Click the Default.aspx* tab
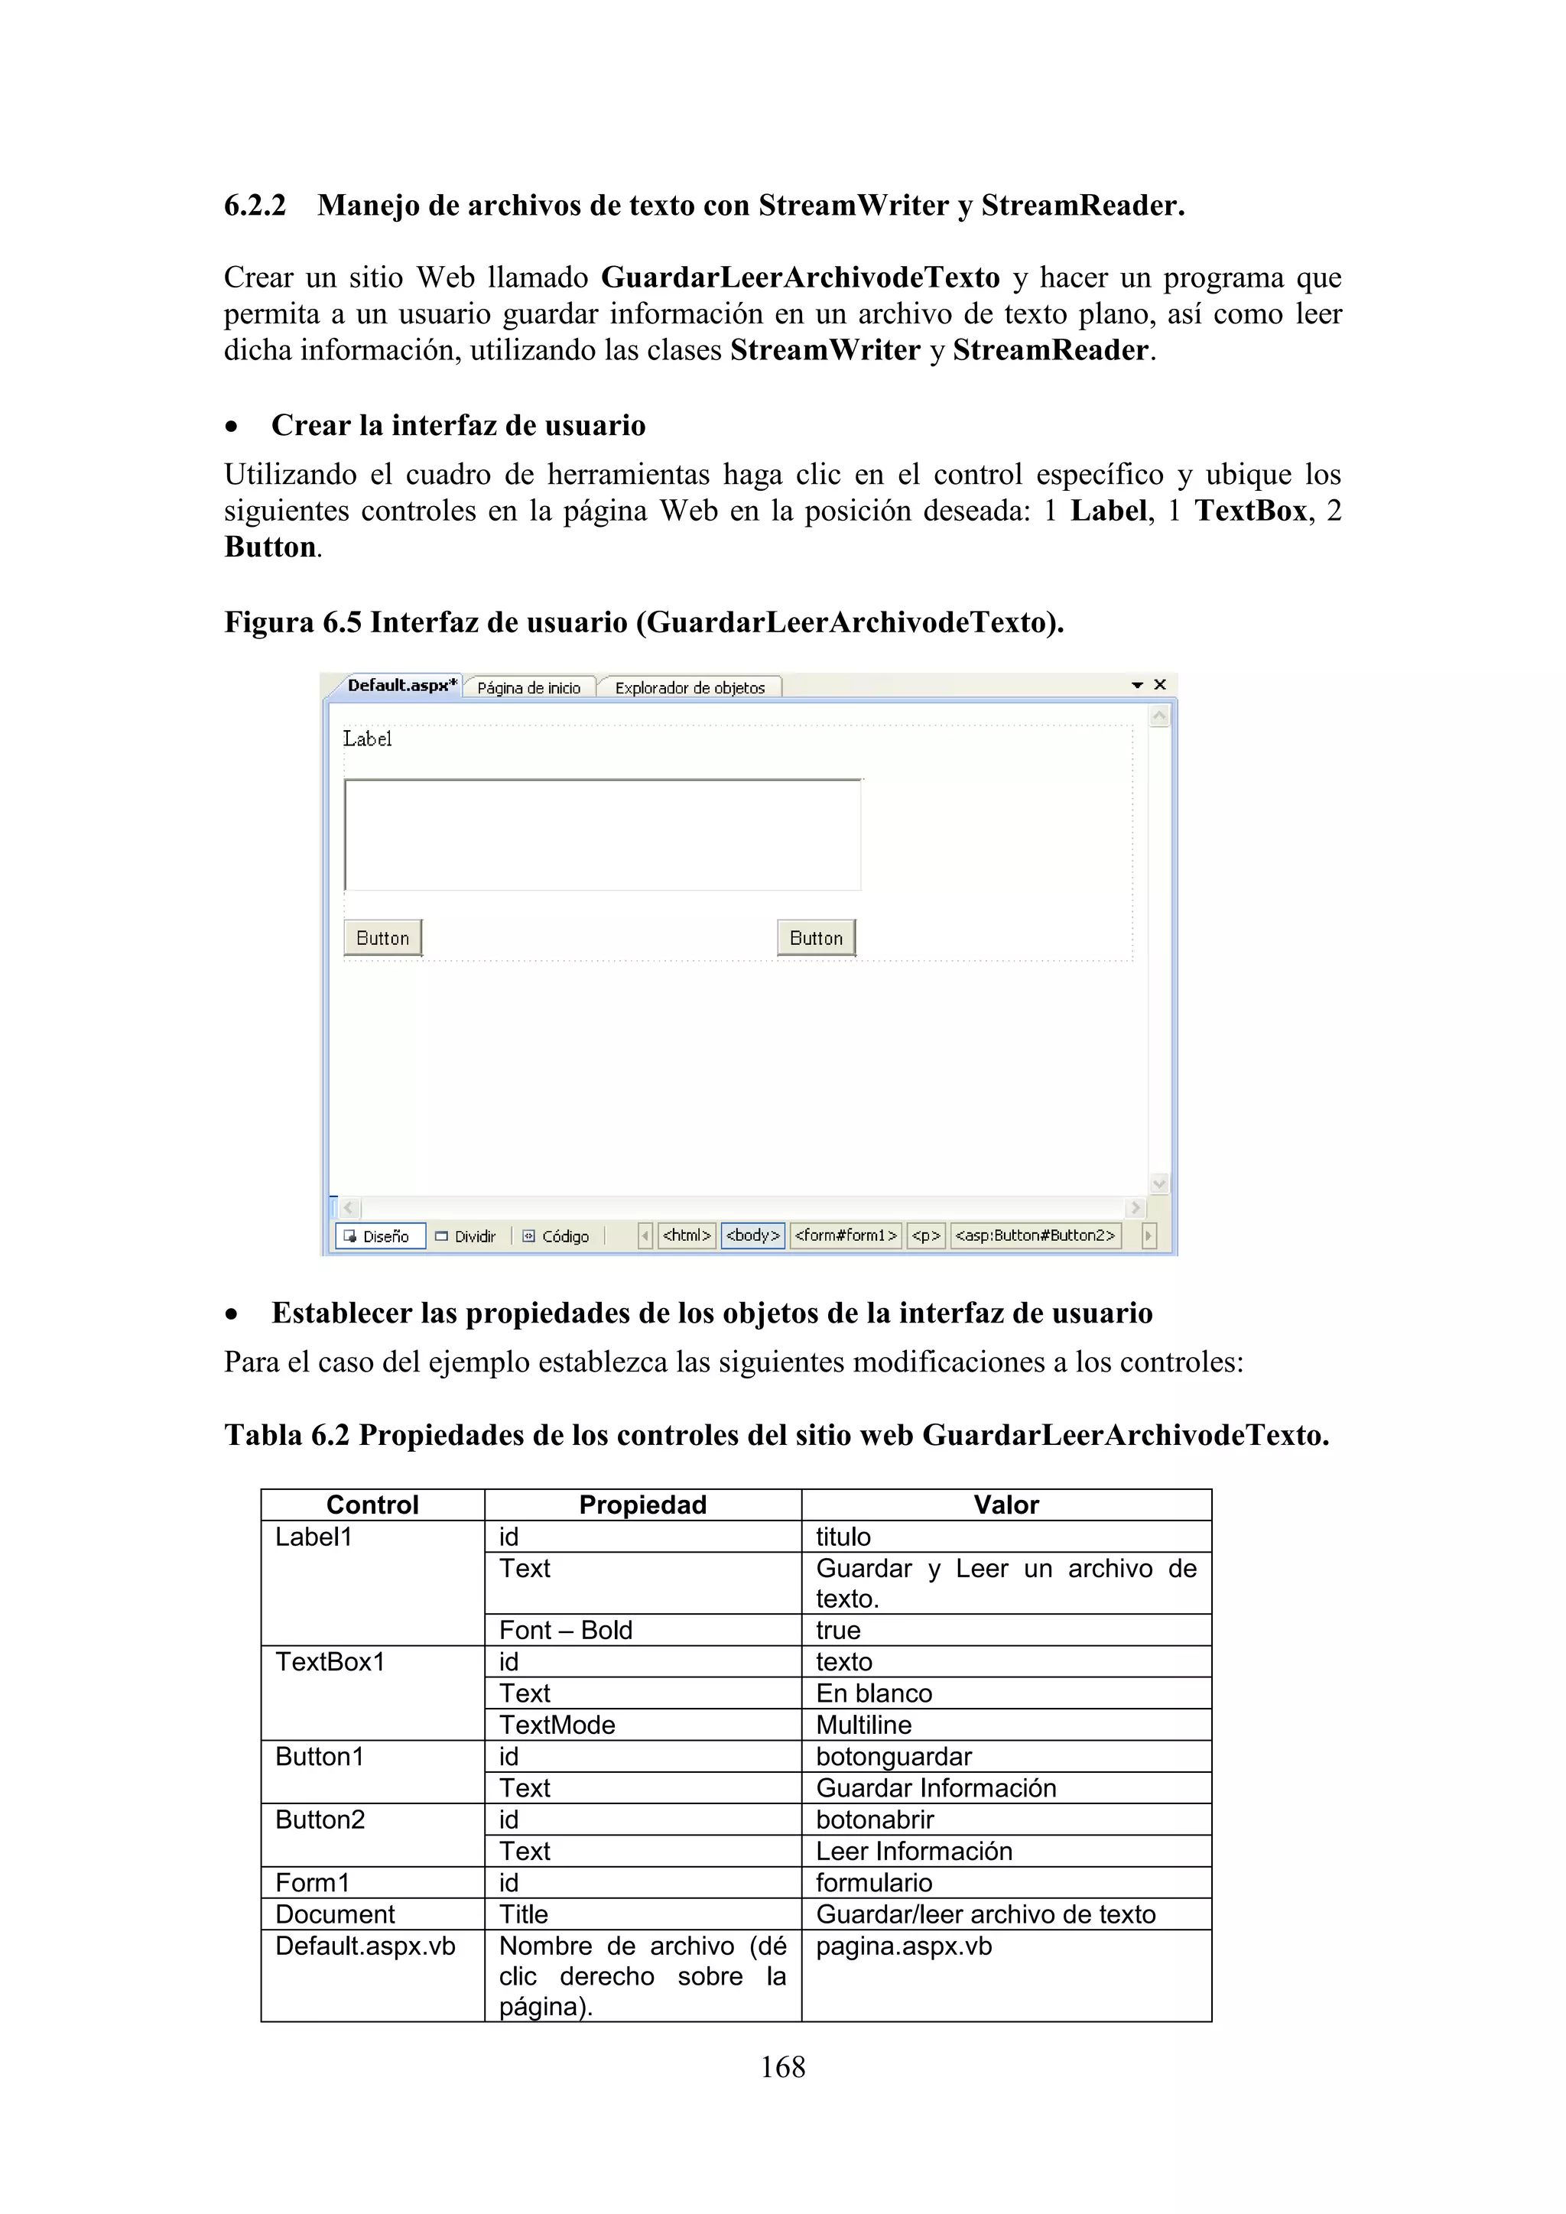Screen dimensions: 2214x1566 pyautogui.click(x=401, y=686)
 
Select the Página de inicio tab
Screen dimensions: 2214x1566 pyautogui.click(x=528, y=687)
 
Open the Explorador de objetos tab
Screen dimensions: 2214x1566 pyautogui.click(x=690, y=687)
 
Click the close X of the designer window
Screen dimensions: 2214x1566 pyautogui.click(x=1160, y=685)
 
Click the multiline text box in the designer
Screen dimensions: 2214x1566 pyautogui.click(x=603, y=835)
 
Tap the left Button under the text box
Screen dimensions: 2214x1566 pyautogui.click(x=383, y=938)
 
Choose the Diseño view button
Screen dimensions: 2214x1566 pyautogui.click(x=379, y=1236)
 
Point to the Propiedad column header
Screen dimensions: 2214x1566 pyautogui.click(x=642, y=1505)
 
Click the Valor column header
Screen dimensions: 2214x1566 pyautogui.click(x=1006, y=1505)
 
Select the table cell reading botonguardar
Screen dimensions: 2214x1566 pyautogui.click(x=894, y=1757)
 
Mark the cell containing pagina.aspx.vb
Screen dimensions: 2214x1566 pyautogui.click(x=904, y=1946)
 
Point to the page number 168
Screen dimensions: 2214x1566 pyautogui.click(x=782, y=2067)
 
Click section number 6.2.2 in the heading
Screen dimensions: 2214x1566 pyautogui.click(x=255, y=206)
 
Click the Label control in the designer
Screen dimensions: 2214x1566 pyautogui.click(x=367, y=739)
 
